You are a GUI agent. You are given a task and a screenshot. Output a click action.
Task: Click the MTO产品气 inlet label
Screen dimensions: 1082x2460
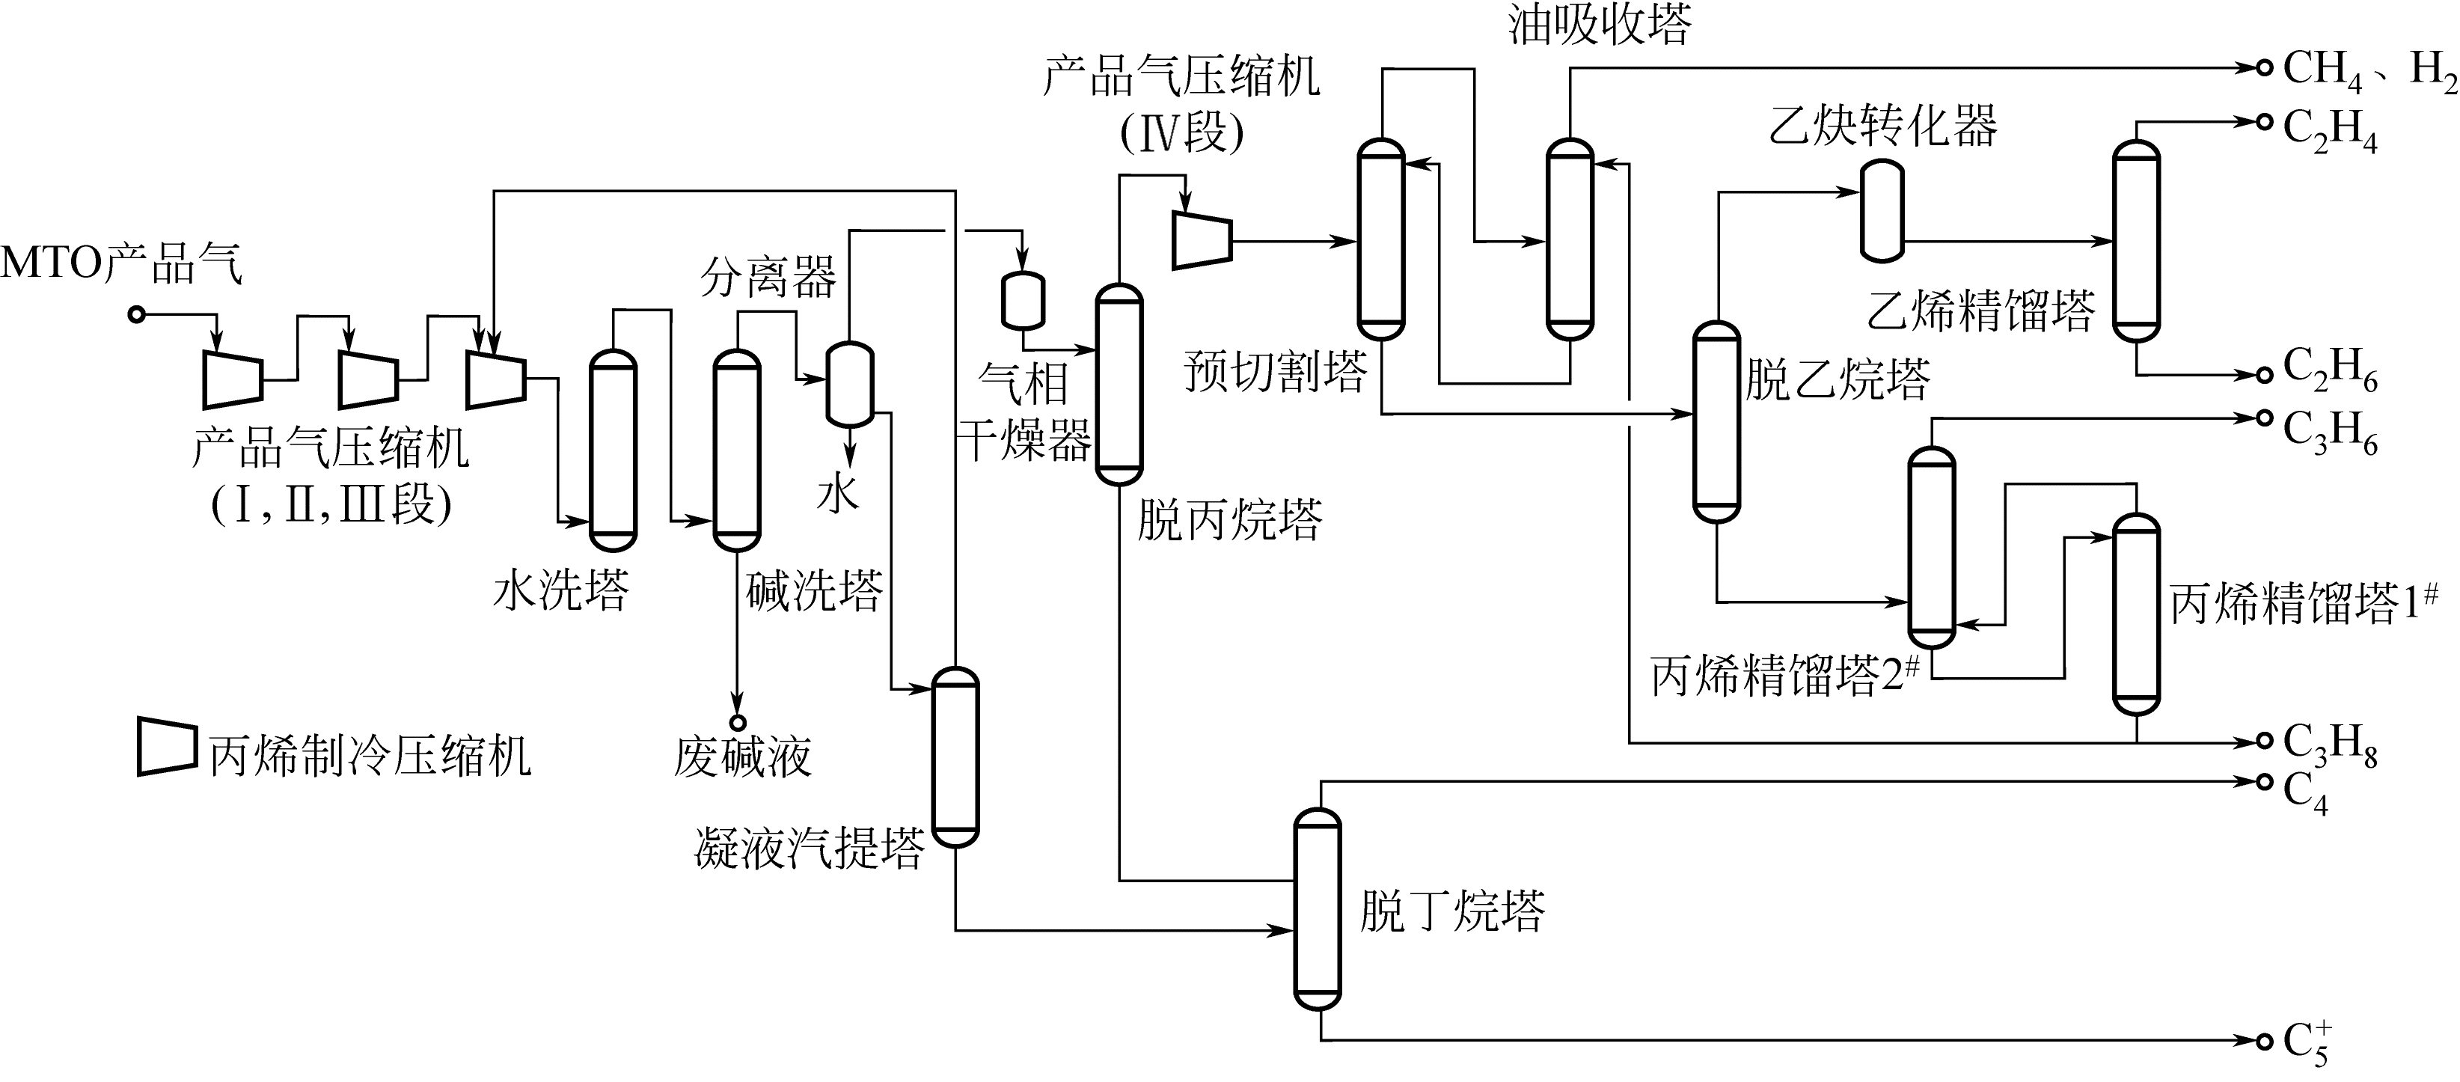click(122, 263)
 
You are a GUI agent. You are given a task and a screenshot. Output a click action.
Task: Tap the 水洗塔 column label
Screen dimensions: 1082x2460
click(562, 590)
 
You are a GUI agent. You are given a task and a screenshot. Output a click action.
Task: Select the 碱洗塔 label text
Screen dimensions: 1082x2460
click(813, 590)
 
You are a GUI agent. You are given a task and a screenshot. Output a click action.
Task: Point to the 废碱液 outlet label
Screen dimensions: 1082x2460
click(742, 757)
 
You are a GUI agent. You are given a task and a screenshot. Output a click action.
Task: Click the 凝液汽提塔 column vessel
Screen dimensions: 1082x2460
click(955, 757)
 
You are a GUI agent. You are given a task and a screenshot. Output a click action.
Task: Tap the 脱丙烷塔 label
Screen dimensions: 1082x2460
click(1229, 521)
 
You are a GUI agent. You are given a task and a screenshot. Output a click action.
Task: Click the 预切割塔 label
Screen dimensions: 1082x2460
click(1275, 371)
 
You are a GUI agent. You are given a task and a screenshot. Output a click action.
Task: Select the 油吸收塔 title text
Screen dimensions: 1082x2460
click(1600, 25)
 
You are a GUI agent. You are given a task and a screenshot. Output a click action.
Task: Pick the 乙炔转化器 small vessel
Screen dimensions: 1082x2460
click(1882, 210)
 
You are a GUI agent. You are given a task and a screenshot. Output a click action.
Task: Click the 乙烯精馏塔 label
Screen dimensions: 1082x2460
click(1982, 311)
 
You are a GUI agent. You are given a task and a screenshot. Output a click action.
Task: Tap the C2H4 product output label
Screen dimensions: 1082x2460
click(2329, 130)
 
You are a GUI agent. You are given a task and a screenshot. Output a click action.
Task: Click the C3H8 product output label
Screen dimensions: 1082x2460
click(2329, 745)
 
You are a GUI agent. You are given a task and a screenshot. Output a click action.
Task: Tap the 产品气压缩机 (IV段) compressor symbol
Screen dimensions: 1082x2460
click(1202, 239)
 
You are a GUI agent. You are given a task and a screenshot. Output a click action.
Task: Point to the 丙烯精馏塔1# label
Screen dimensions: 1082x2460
click(2302, 604)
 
